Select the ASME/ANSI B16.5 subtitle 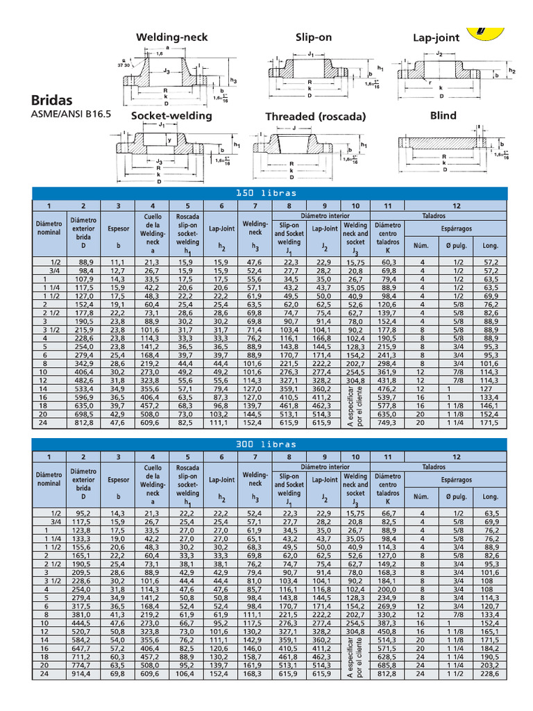[71, 116]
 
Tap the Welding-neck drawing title [171, 37]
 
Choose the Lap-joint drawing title [436, 37]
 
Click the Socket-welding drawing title [171, 116]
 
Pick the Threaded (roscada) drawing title [315, 117]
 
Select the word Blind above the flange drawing [444, 115]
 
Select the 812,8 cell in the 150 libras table [83, 423]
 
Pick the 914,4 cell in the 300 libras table [83, 674]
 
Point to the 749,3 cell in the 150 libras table [387, 423]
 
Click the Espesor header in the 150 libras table [119, 228]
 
